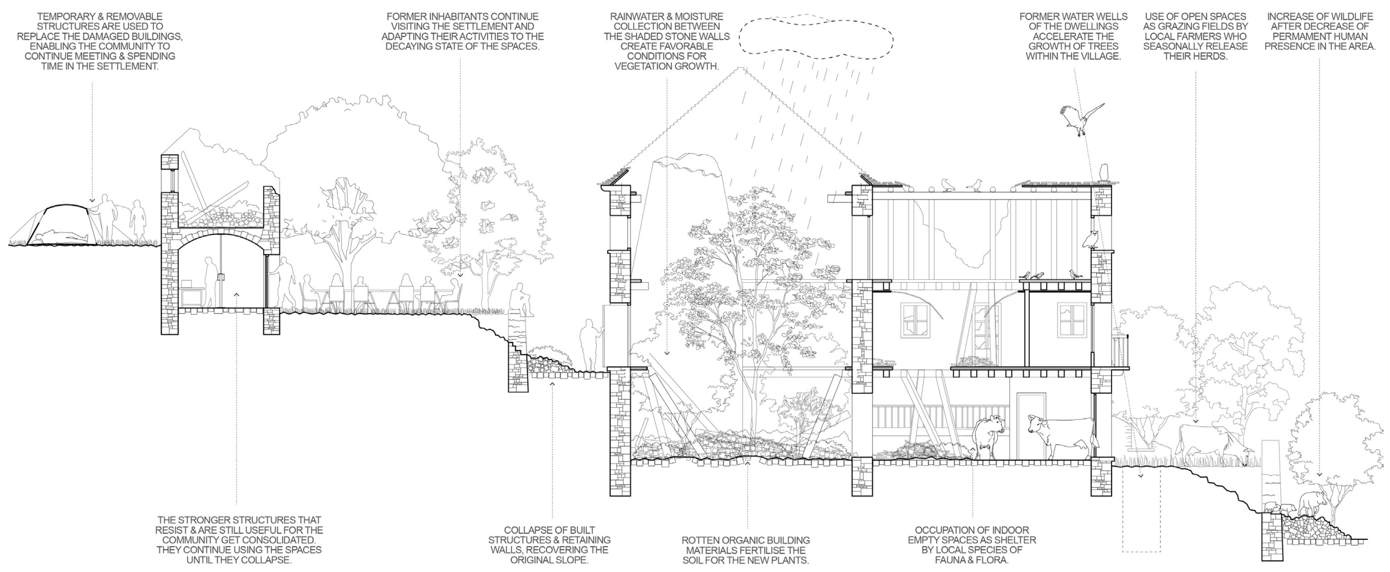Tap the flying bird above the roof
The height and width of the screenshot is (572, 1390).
coord(1082,120)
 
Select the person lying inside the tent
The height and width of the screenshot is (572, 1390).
coord(59,235)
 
